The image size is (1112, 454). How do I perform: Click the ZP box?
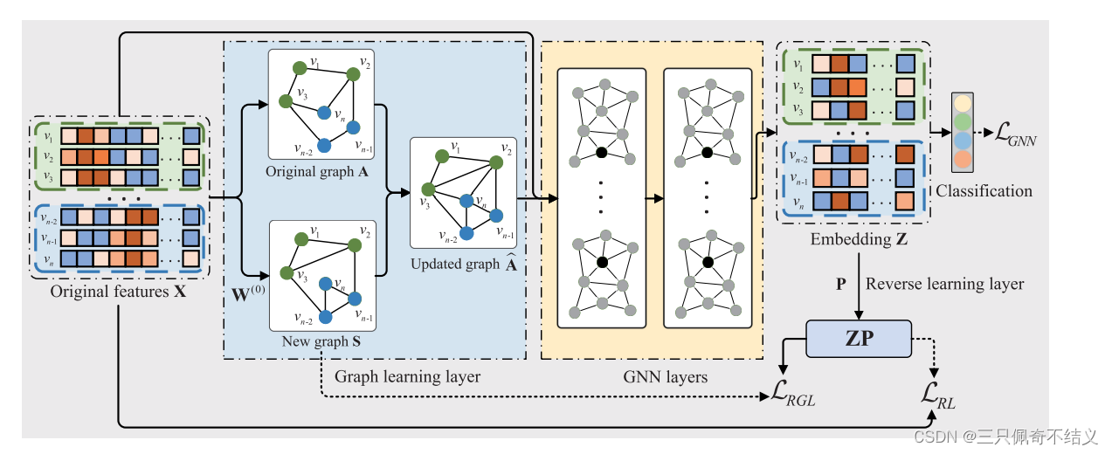pyautogui.click(x=860, y=339)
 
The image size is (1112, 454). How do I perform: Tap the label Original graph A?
pyautogui.click(x=316, y=171)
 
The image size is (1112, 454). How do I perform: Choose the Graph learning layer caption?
pyautogui.click(x=407, y=377)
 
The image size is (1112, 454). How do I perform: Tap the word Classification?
pyautogui.click(x=984, y=190)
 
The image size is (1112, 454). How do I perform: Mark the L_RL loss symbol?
pyautogui.click(x=938, y=397)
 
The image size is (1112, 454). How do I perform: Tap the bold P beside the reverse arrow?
pyautogui.click(x=841, y=284)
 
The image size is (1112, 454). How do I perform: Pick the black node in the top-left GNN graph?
pyautogui.click(x=602, y=153)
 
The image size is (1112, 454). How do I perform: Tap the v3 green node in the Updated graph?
pyautogui.click(x=429, y=189)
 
